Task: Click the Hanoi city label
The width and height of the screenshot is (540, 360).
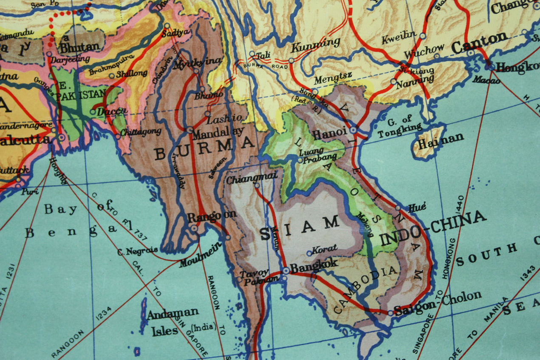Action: point(330,134)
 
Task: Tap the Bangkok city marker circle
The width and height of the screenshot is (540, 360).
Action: point(286,270)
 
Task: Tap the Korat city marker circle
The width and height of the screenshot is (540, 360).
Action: point(309,253)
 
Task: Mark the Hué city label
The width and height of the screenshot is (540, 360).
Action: point(416,207)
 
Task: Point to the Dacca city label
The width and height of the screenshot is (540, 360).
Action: point(111,111)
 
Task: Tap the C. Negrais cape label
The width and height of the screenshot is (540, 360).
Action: point(137,250)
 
